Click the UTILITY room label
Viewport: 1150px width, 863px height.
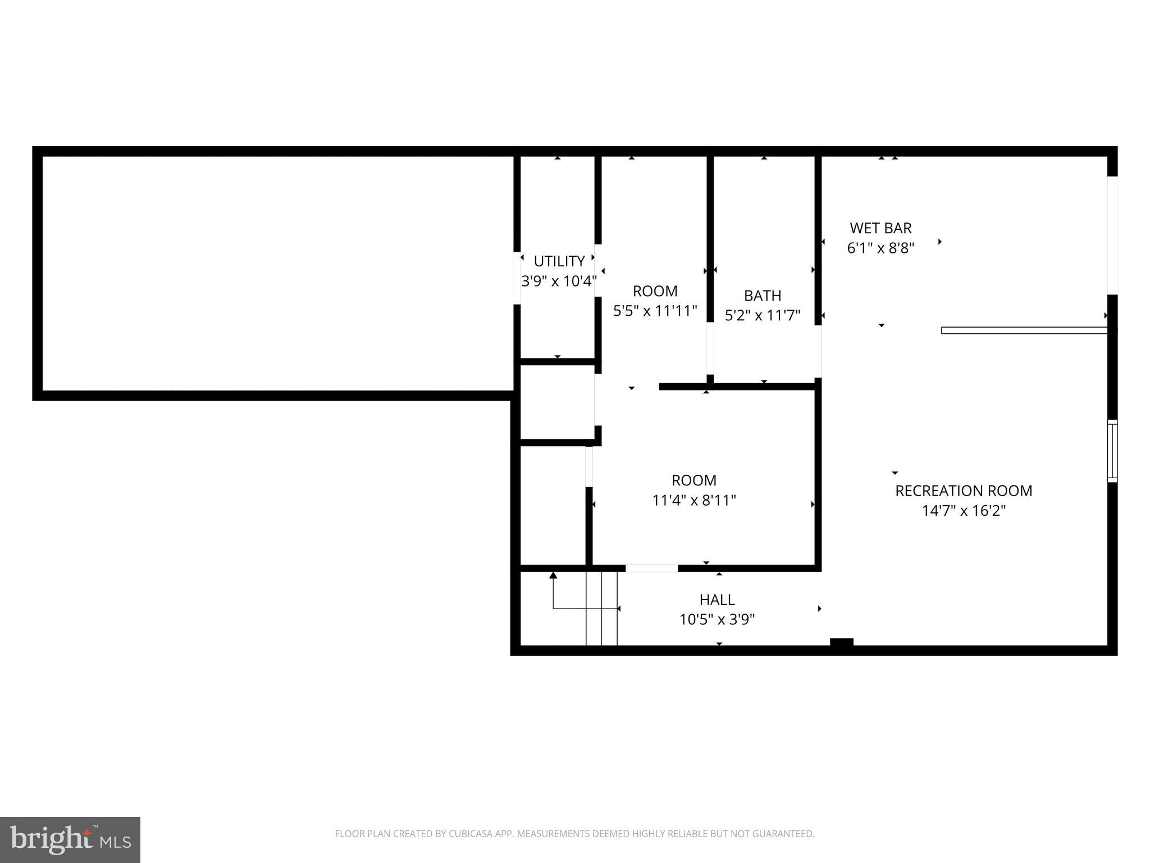tap(559, 261)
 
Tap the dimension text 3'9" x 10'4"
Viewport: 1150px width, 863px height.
tap(559, 281)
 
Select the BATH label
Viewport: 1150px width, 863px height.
tap(762, 296)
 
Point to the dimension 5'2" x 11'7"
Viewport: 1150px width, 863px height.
tap(762, 316)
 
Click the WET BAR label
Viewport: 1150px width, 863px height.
tap(880, 228)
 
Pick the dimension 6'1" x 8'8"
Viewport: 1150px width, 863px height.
tap(880, 248)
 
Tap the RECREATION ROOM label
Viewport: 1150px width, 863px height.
tap(963, 491)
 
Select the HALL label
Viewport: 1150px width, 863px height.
tap(717, 600)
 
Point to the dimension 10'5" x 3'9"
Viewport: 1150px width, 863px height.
tap(717, 620)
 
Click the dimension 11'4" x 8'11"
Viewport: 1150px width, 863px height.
tap(693, 501)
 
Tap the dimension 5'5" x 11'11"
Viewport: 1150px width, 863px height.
tap(655, 311)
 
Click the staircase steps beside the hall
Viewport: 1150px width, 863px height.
tap(601, 608)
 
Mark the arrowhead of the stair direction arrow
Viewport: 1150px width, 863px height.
tap(553, 575)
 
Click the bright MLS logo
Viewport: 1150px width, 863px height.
tap(70, 840)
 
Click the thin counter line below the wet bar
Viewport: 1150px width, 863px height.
tap(1024, 330)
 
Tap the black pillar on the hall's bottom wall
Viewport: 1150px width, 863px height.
tap(841, 643)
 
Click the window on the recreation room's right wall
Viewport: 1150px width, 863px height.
tap(1112, 451)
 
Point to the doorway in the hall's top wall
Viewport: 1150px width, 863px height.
tap(651, 569)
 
